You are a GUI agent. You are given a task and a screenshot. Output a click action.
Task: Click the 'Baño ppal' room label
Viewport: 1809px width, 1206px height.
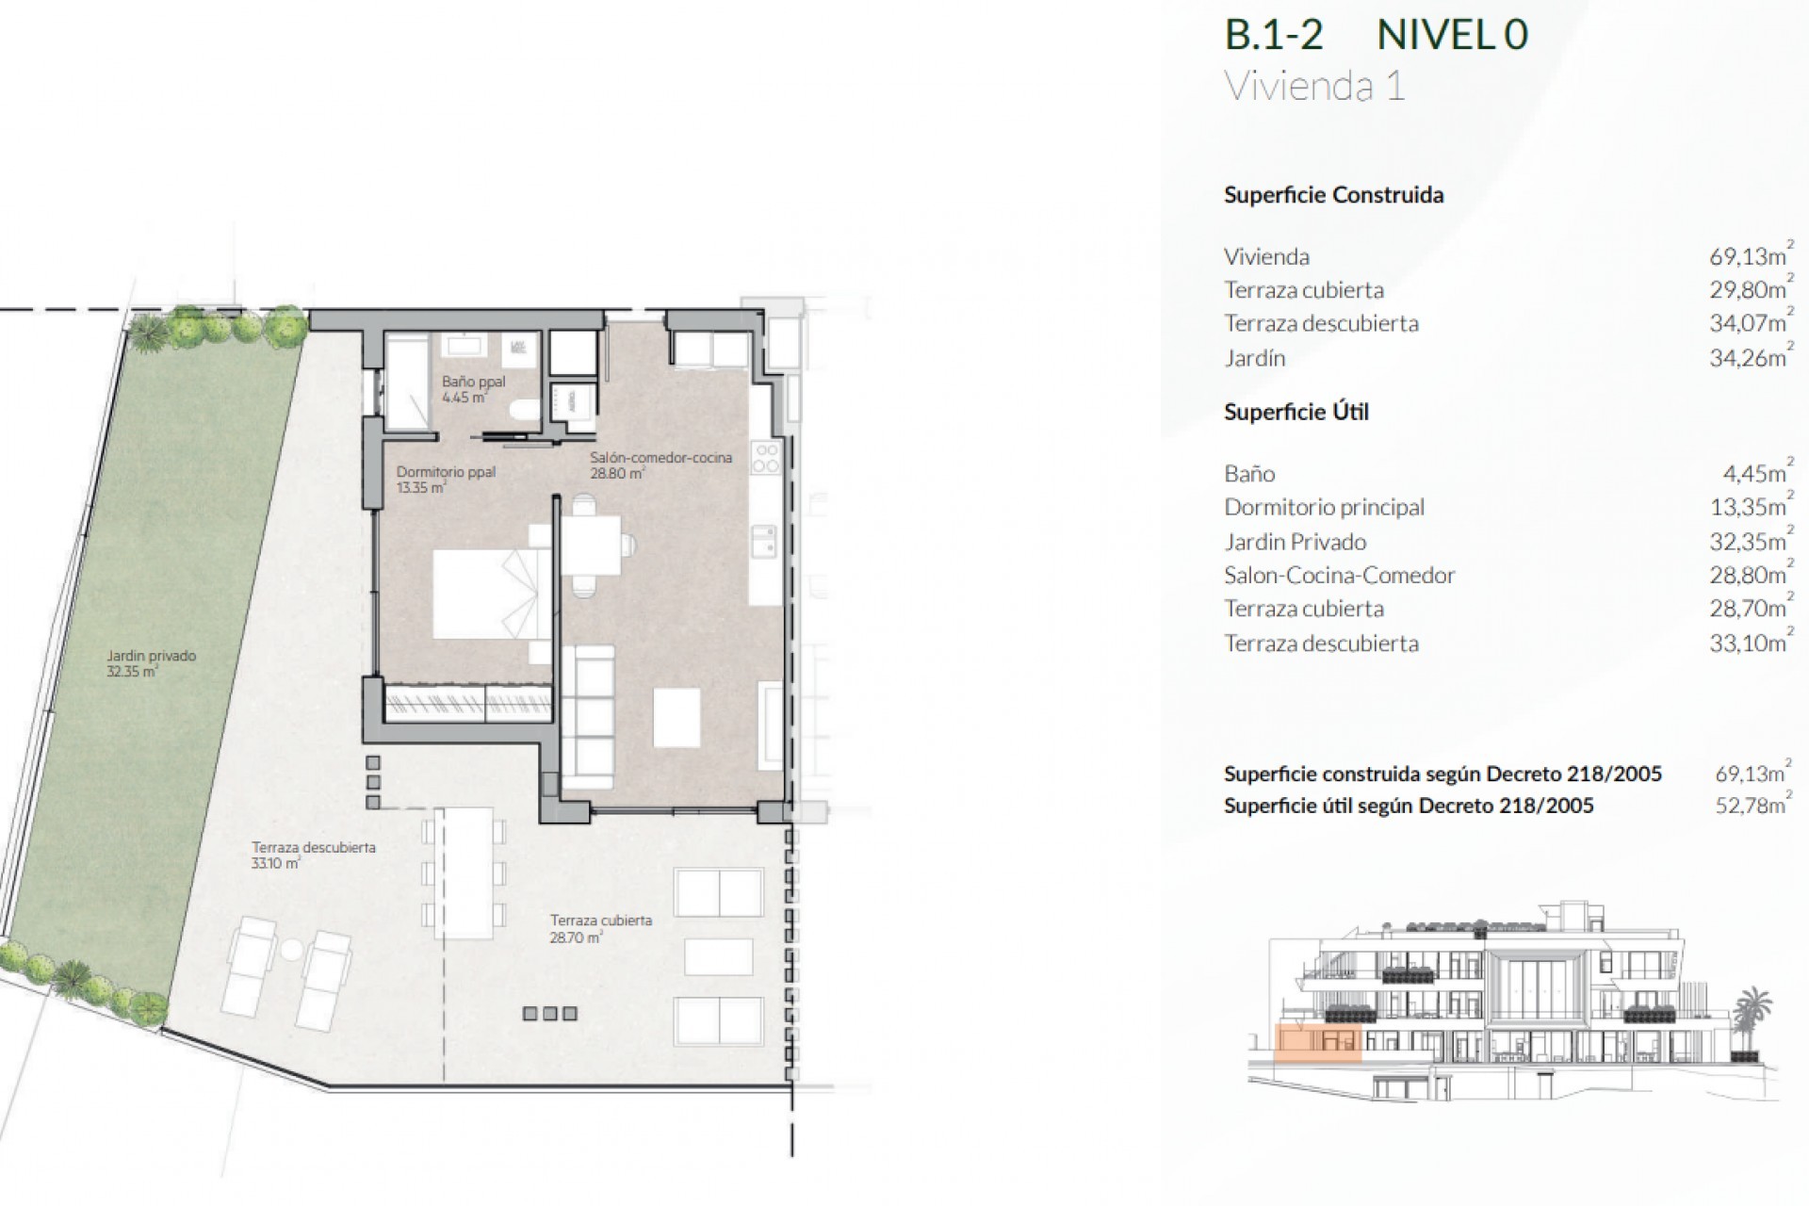473,383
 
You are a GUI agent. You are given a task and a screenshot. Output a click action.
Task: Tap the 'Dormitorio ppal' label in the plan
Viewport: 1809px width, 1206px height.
445,472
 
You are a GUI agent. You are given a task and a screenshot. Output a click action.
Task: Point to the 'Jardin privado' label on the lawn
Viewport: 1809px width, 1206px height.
151,657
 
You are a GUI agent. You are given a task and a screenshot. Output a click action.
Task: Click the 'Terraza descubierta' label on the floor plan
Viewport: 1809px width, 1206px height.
313,848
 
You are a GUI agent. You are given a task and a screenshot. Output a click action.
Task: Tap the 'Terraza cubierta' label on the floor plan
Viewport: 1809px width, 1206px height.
600,921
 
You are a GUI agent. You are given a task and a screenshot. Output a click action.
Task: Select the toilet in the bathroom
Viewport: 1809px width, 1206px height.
527,409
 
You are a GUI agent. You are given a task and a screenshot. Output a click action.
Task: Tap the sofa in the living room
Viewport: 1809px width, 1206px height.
587,717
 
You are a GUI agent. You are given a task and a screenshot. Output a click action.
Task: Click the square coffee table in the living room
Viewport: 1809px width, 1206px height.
676,717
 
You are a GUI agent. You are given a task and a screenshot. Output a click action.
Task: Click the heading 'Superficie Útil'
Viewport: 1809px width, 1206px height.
1296,412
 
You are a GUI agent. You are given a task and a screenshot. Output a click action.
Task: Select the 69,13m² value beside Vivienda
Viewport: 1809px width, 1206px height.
1749,256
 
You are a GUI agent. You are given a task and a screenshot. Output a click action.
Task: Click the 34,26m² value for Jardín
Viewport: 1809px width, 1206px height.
1749,358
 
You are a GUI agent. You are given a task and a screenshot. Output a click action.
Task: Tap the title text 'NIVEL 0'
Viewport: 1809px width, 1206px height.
1451,36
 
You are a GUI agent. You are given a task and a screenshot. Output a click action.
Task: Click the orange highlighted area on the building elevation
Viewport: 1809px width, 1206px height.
1317,1044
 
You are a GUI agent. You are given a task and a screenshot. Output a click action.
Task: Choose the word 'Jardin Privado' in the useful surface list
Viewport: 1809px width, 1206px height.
1295,542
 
